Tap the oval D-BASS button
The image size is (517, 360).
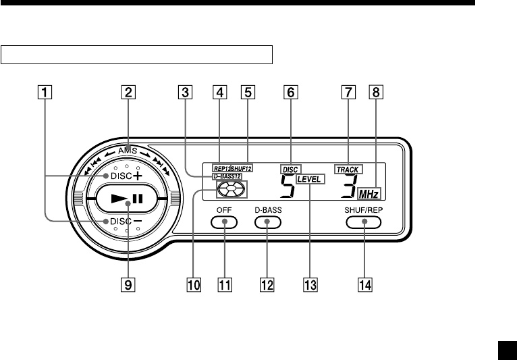(x=268, y=221)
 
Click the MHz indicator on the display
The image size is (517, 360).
(x=369, y=194)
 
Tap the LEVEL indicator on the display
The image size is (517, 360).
(x=310, y=180)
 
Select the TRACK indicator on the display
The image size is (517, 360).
(x=348, y=169)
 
